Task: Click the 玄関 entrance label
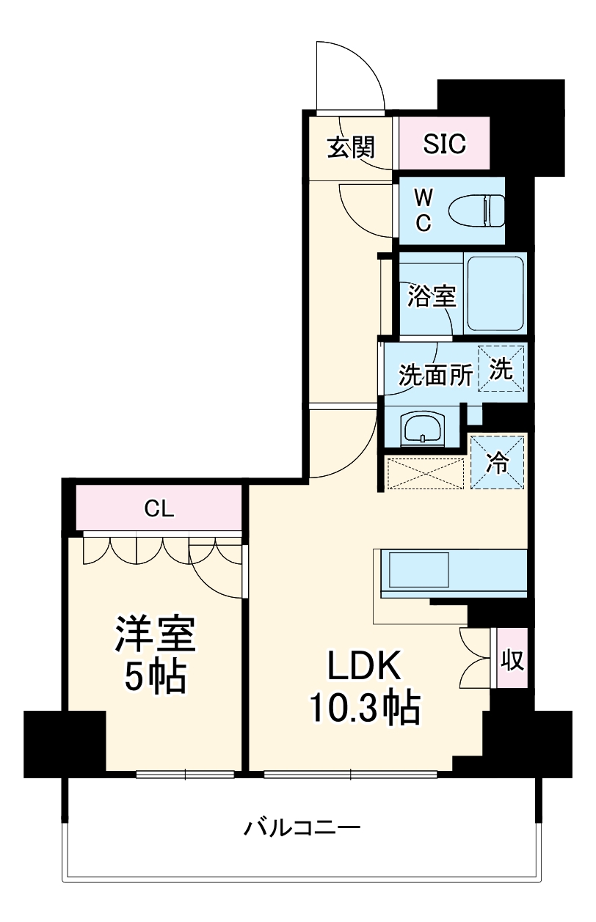coord(351,147)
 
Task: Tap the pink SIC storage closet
coord(443,144)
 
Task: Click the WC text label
coord(424,210)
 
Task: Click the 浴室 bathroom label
coord(432,296)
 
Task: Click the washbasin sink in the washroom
coord(423,427)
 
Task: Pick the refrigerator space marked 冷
coord(498,462)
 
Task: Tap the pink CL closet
coord(159,509)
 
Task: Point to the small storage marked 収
coord(512,659)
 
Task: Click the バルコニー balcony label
coord(302,829)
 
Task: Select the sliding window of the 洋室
coord(185,773)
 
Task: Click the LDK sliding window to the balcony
coord(351,773)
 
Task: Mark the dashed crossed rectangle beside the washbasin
coord(425,473)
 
